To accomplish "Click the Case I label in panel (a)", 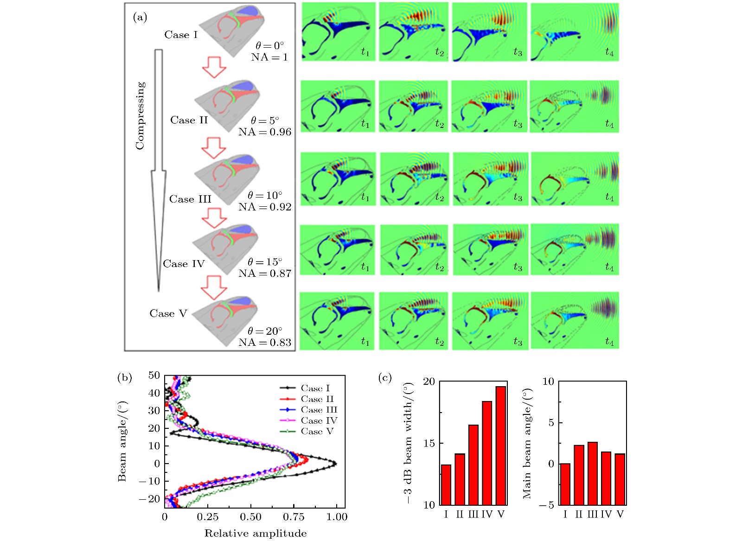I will [x=181, y=35].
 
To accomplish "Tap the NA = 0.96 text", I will [x=265, y=132].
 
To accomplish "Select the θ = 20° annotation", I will [x=265, y=331].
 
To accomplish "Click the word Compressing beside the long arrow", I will [x=140, y=115].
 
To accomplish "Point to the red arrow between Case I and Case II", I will [x=214, y=67].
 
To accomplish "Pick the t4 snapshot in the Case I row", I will [x=574, y=32].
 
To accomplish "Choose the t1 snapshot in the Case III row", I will [x=338, y=179].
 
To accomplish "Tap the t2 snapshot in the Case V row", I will [x=413, y=321].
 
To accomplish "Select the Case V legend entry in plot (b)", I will [x=307, y=432].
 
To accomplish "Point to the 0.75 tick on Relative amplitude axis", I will [x=294, y=517].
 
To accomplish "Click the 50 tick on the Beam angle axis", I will [x=154, y=376].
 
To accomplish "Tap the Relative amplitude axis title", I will [x=256, y=534].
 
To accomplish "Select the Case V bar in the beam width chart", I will [x=501, y=446].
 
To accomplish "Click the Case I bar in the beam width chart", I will [x=446, y=484].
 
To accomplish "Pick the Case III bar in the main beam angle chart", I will [x=592, y=473].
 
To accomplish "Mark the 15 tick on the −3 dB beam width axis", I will [x=429, y=443].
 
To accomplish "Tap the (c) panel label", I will [x=385, y=377].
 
